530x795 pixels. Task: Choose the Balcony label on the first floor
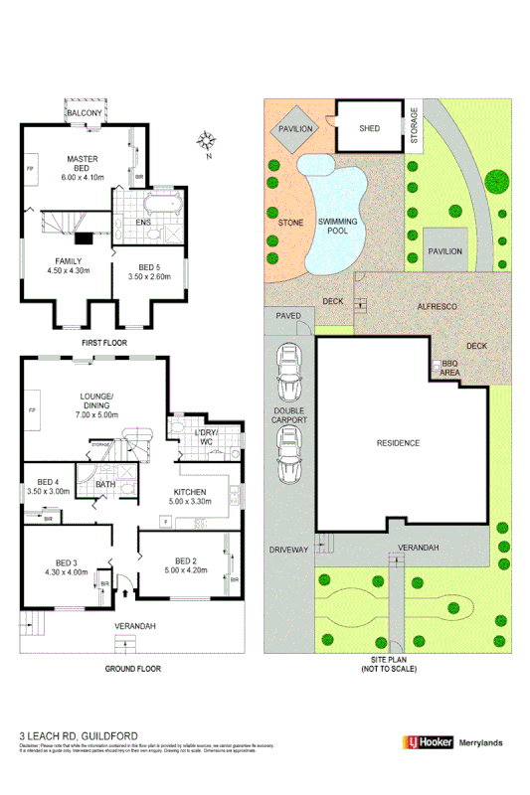85,114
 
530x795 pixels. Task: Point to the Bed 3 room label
67,565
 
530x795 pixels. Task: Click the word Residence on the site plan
399,443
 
